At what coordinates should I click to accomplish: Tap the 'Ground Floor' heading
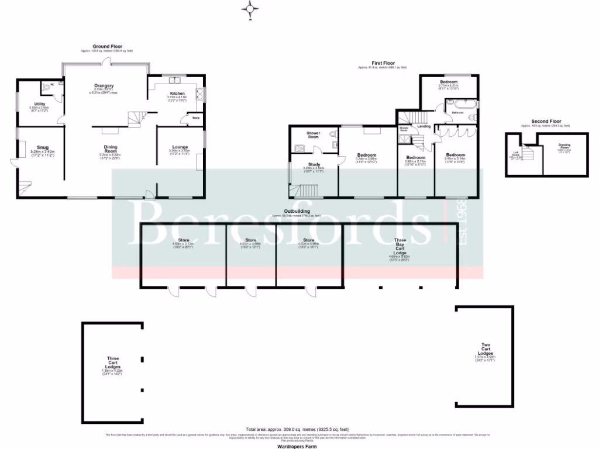105,47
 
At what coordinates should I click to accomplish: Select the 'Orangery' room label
104,86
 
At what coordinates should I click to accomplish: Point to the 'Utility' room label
40,104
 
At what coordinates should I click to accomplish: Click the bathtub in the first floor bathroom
462,106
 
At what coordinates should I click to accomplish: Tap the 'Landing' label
424,126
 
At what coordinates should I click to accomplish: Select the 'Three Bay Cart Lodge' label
400,244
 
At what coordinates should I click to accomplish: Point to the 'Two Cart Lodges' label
486,350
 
